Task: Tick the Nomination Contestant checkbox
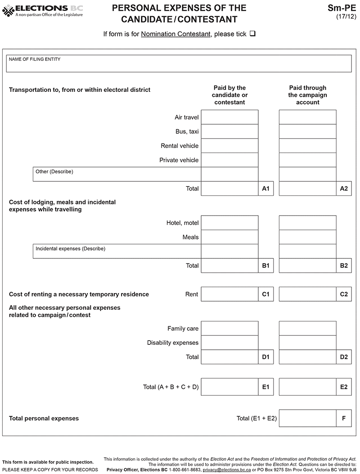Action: (x=252, y=34)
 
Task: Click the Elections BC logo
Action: (x=43, y=10)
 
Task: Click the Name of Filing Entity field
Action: (x=179, y=63)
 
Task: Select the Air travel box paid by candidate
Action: (x=229, y=117)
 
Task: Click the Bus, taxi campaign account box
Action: (x=307, y=131)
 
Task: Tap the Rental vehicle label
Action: (x=180, y=146)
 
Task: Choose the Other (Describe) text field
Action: (x=117, y=174)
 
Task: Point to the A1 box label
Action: (x=266, y=189)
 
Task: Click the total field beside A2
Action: (x=307, y=189)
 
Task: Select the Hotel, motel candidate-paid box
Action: (x=229, y=223)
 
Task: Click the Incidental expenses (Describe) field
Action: (x=117, y=251)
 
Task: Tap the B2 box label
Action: (x=344, y=266)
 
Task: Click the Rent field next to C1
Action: (x=229, y=294)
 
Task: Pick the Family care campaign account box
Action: (x=307, y=329)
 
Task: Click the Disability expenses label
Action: (x=173, y=343)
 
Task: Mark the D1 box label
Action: (x=266, y=357)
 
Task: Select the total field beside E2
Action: (x=307, y=387)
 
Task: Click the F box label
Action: (x=344, y=418)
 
